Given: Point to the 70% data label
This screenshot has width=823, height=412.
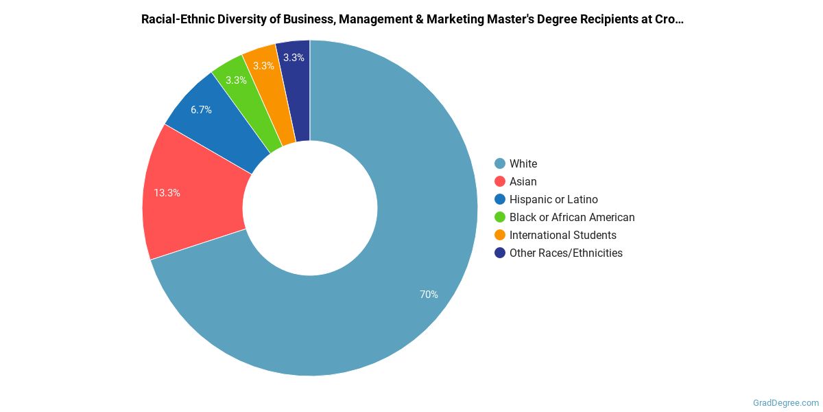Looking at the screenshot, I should click(x=429, y=295).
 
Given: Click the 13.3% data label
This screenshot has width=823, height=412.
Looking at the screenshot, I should click(x=167, y=193).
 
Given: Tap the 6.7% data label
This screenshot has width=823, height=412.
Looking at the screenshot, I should click(x=201, y=110).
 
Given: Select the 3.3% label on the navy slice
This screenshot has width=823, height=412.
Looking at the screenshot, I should click(x=294, y=58).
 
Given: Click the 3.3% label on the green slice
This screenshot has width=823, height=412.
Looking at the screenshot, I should click(x=236, y=80).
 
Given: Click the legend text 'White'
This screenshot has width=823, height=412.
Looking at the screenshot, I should click(x=523, y=163).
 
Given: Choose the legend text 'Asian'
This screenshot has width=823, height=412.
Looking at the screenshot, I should click(x=523, y=181).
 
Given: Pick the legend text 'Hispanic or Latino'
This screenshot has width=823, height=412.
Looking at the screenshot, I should click(x=553, y=199).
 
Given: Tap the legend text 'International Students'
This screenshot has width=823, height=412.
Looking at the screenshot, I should click(x=563, y=235).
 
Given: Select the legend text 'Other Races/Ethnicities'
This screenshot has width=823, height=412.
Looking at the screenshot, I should click(x=566, y=253).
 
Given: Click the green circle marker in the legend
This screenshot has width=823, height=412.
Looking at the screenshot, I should click(x=500, y=217).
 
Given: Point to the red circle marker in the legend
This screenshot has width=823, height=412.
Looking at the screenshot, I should click(x=500, y=181).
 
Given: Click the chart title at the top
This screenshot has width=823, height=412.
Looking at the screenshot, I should click(x=412, y=19).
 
